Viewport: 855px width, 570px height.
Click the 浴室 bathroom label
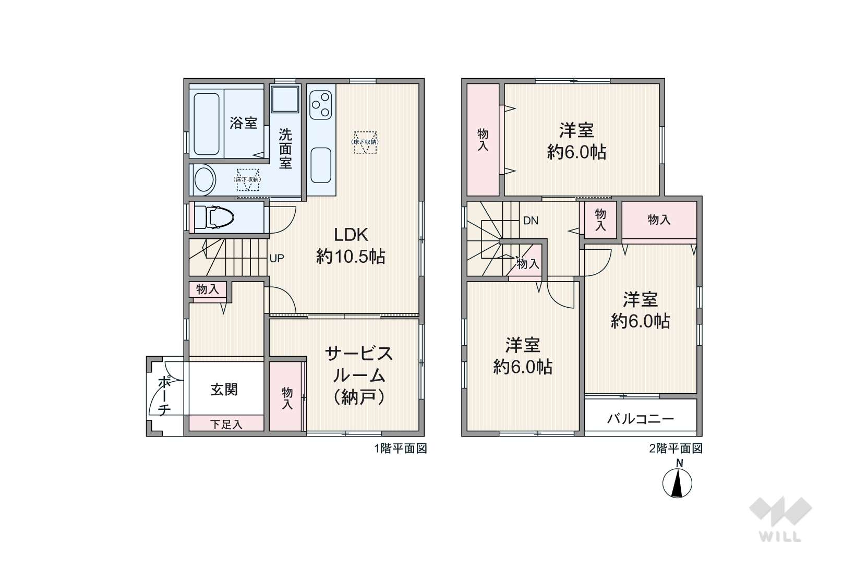[x=243, y=123]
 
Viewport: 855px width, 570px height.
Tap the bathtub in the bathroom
[x=207, y=124]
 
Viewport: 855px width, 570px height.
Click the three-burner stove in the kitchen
[x=321, y=105]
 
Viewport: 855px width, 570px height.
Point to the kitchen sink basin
[x=321, y=165]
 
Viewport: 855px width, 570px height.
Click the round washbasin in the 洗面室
[x=204, y=179]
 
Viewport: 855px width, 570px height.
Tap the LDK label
[x=351, y=235]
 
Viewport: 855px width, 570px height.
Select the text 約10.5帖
[x=351, y=257]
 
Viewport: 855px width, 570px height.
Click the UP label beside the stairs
[x=276, y=258]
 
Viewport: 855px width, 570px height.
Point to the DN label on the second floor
[x=531, y=221]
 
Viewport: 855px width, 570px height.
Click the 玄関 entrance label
[x=224, y=390]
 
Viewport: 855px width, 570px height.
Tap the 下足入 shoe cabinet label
[x=226, y=425]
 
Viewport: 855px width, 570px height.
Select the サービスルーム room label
[x=359, y=365]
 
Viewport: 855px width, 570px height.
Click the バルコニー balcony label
[x=641, y=419]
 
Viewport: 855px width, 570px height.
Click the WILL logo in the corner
[x=780, y=519]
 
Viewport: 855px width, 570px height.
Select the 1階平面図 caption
[x=401, y=448]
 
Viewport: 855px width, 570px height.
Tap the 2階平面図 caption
[x=676, y=448]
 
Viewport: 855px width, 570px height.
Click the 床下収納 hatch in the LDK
[x=365, y=142]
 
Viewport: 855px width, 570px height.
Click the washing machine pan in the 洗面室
[x=285, y=99]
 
